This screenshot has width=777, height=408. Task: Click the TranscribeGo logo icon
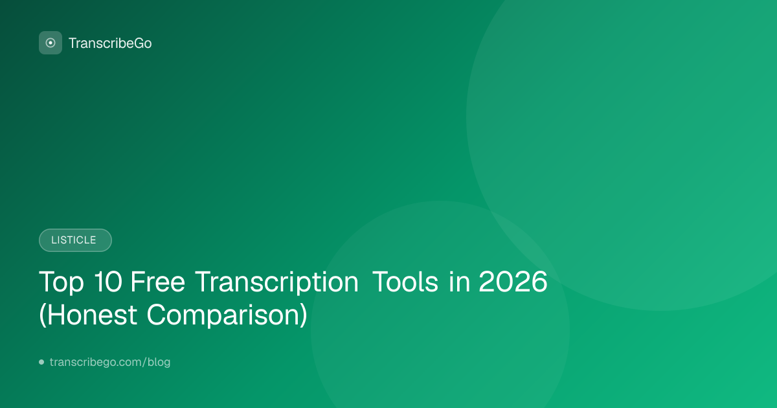coord(51,43)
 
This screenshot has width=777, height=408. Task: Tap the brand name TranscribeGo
coord(110,43)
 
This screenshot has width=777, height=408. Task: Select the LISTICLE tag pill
coord(75,240)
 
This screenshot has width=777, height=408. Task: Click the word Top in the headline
coord(62,282)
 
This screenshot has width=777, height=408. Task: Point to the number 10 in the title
coord(108,281)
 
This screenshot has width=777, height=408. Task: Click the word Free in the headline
coord(157,281)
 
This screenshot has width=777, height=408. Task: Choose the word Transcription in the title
coord(276,282)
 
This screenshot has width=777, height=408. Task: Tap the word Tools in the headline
coord(405,281)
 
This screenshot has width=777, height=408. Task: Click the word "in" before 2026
coord(460,281)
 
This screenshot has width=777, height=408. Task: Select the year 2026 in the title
coord(513,281)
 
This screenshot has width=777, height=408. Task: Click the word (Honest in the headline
coord(88,315)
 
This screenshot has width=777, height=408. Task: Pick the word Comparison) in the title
coord(227,315)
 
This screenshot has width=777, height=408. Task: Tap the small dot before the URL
coord(41,362)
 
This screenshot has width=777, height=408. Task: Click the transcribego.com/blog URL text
coord(110,362)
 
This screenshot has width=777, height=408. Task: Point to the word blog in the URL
coord(159,362)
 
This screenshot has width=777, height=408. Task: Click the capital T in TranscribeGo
coord(73,43)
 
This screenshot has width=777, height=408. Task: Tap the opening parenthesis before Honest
coord(42,315)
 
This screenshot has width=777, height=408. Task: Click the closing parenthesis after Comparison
coord(304,315)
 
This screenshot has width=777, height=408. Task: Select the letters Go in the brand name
coord(142,43)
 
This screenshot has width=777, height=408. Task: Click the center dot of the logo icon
coord(51,43)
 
